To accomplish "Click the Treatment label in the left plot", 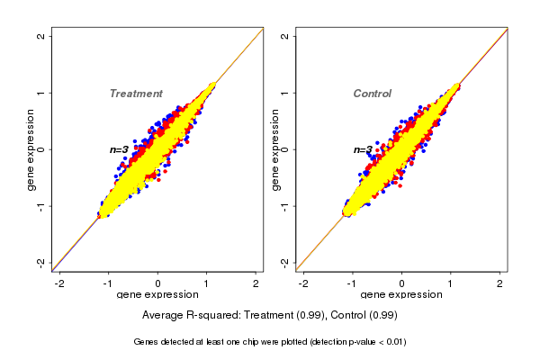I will [136, 94].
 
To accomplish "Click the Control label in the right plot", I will [372, 94].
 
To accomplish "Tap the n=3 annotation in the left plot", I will [119, 149].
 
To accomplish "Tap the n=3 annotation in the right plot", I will [363, 149].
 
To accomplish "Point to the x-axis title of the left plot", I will [157, 295].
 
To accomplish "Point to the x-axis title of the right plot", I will [400, 295].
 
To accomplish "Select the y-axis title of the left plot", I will [31, 149].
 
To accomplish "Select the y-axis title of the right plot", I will [275, 149].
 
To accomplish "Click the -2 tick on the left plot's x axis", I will [60, 283].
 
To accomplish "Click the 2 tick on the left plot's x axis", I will [256, 283].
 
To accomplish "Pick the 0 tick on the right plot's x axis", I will [401, 283].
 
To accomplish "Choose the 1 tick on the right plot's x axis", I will [450, 283].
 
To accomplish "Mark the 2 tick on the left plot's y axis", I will [41, 36].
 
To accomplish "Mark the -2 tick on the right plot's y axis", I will [285, 262].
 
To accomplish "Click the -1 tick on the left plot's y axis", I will [41, 206].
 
